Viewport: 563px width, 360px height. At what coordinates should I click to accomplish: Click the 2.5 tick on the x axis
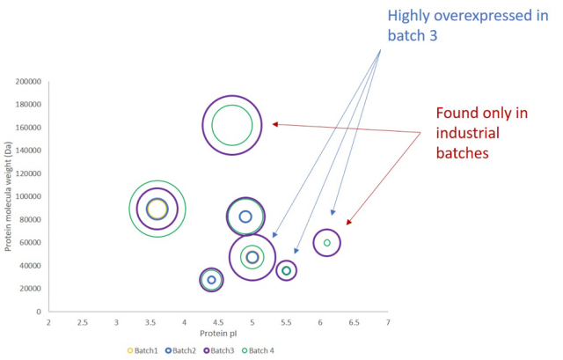click(83, 323)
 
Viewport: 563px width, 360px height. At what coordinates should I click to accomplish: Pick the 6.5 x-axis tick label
click(354, 323)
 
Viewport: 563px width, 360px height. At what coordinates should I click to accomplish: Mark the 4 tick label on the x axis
click(184, 323)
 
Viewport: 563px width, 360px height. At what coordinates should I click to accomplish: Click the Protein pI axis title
click(218, 334)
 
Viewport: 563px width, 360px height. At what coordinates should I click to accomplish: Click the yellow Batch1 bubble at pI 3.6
click(157, 209)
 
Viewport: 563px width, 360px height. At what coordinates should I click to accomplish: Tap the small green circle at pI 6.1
click(326, 243)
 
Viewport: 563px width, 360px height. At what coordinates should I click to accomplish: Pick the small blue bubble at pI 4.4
click(211, 280)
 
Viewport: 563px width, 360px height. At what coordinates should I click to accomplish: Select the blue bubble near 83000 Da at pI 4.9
click(245, 217)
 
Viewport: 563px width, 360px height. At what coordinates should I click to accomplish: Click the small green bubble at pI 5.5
click(286, 271)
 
